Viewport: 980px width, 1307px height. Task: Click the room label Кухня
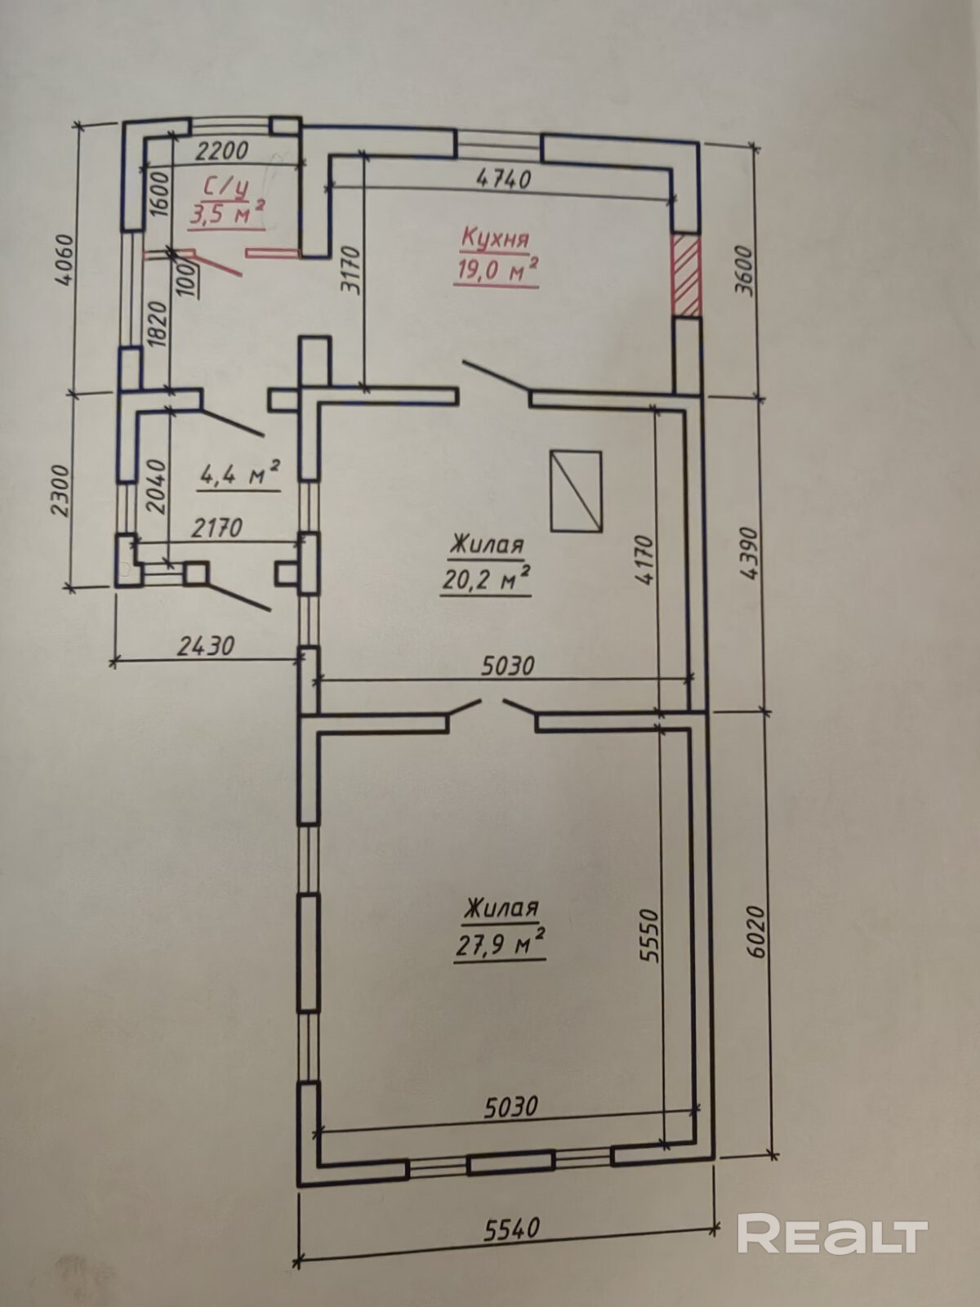[x=495, y=239]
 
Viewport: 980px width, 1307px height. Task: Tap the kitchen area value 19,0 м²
[x=497, y=270]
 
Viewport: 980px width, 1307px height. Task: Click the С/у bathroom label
[x=225, y=188]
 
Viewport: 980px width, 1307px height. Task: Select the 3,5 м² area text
[x=226, y=216]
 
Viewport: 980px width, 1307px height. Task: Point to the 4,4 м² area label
[x=240, y=474]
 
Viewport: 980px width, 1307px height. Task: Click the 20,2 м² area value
[x=486, y=579]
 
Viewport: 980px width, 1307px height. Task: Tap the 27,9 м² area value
[x=500, y=943]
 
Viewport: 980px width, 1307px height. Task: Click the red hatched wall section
[x=686, y=275]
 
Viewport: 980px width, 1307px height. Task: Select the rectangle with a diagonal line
[x=576, y=491]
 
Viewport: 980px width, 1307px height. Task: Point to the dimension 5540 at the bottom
[x=511, y=1228]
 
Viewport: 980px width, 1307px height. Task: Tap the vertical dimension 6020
[x=755, y=931]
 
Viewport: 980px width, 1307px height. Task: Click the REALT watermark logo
[x=832, y=1233]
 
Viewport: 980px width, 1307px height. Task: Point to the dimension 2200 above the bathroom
[x=222, y=151]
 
